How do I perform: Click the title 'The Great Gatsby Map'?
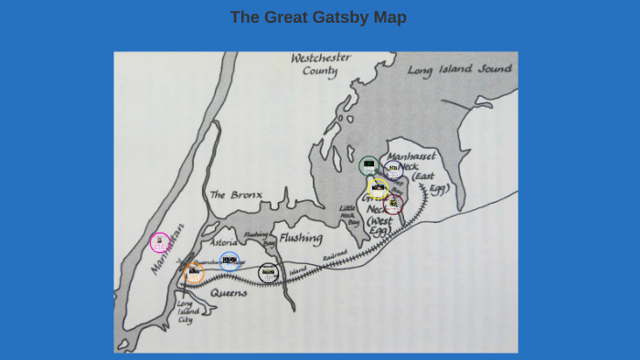click(x=318, y=17)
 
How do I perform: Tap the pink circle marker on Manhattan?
click(x=160, y=242)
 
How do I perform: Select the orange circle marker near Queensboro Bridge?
click(x=194, y=272)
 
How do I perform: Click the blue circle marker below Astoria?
click(x=229, y=261)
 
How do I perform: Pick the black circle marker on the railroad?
click(x=268, y=272)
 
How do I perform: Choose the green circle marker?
click(x=368, y=165)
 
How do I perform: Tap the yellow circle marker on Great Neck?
click(x=378, y=187)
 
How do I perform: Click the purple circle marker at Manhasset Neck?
click(x=393, y=169)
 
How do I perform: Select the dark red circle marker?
click(x=393, y=204)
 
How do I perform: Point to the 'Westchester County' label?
click(x=321, y=65)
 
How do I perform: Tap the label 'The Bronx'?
click(x=236, y=195)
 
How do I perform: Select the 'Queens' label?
click(x=229, y=293)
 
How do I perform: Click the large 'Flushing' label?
click(x=302, y=238)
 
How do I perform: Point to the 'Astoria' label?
click(x=224, y=243)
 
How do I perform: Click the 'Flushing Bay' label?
click(x=258, y=239)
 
